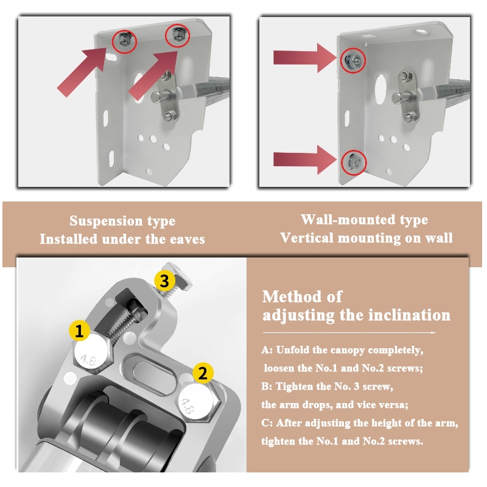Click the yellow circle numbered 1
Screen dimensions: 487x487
[x=79, y=331]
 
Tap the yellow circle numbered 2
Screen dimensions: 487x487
[x=203, y=373]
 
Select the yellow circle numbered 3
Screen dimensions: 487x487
[x=164, y=281]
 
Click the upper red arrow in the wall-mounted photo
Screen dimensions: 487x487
[x=304, y=58]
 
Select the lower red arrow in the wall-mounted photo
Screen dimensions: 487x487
[x=304, y=160]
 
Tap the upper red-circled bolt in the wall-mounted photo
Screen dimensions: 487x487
[x=353, y=60]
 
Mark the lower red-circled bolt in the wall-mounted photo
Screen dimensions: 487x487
[x=354, y=162]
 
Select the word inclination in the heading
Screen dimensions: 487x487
[x=409, y=315]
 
